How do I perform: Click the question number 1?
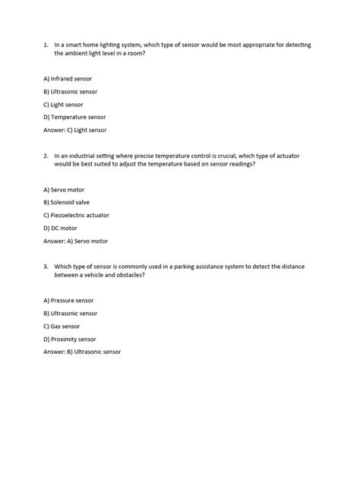[x=45, y=45]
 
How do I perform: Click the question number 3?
[x=45, y=266]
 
